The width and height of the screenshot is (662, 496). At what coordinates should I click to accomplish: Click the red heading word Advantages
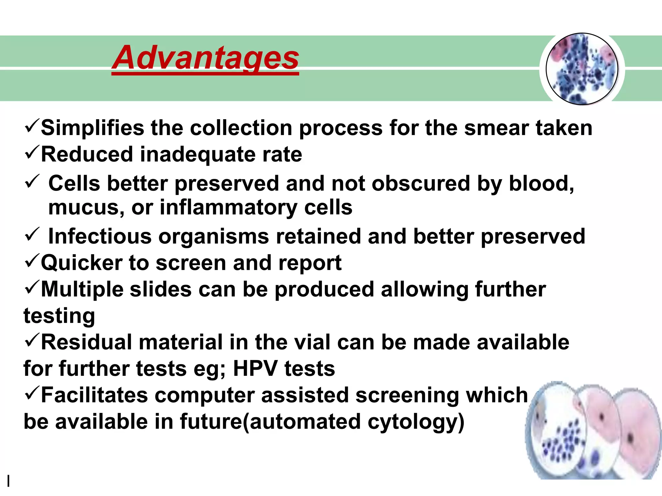[x=205, y=58]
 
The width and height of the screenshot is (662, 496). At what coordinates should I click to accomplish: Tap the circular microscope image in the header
[x=582, y=69]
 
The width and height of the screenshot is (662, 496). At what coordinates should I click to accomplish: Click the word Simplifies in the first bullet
[x=92, y=128]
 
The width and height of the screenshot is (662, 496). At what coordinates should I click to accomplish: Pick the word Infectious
[x=100, y=236]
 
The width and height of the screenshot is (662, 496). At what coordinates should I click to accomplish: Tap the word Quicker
[x=81, y=263]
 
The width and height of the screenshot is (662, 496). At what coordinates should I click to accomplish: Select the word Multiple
[x=82, y=289]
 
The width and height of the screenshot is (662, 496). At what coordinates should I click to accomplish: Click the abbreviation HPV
[x=255, y=369]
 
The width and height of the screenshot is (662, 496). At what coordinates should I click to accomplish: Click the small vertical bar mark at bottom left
[x=9, y=481]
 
